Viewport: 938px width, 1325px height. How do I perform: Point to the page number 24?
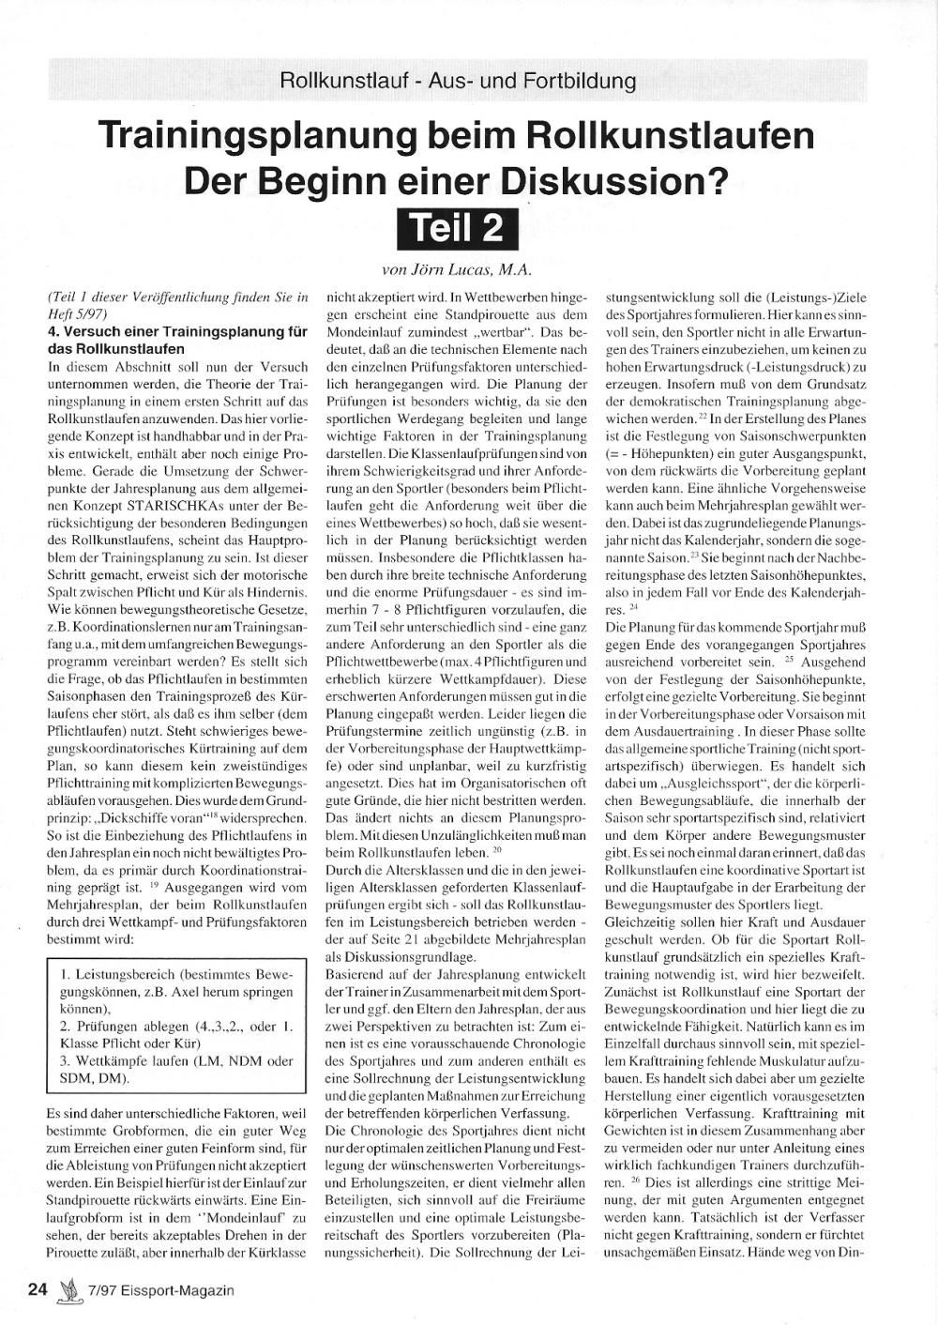(x=38, y=1289)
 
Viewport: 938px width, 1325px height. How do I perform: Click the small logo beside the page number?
(x=66, y=1289)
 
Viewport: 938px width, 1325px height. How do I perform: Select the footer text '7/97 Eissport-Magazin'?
(x=158, y=1290)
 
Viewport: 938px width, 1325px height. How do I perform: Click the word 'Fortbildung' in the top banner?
(x=578, y=81)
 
